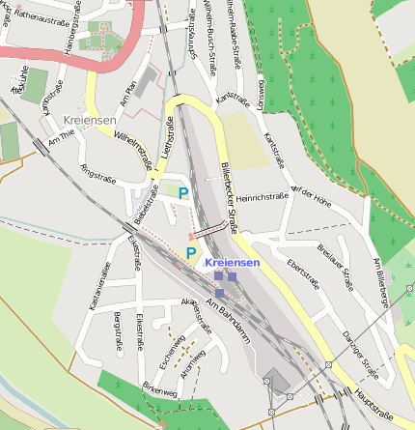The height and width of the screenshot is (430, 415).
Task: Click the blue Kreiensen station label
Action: (x=233, y=264)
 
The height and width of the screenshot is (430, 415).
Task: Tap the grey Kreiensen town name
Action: (x=90, y=120)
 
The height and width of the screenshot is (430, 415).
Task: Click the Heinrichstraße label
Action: (x=263, y=196)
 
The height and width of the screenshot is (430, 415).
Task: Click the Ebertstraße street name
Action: (x=303, y=272)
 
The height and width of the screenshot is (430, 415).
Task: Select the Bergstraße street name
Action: (x=118, y=331)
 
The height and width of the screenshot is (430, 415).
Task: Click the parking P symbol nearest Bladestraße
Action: (x=182, y=192)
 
